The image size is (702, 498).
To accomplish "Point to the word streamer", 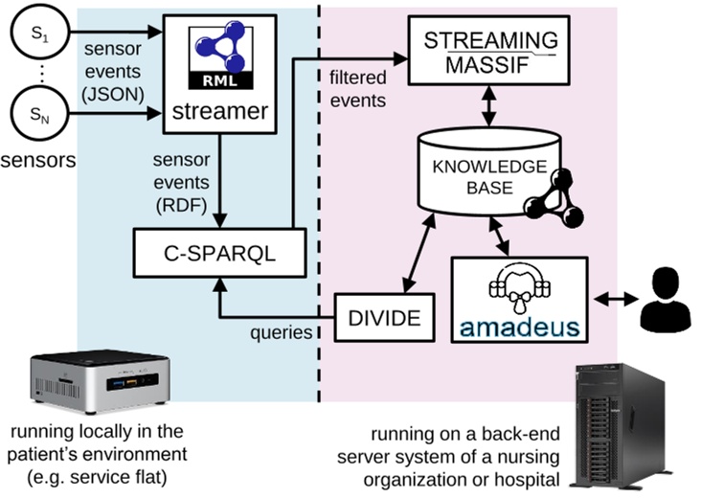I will [x=220, y=111].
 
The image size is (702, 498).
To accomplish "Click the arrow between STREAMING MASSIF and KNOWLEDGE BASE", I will [x=491, y=106].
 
